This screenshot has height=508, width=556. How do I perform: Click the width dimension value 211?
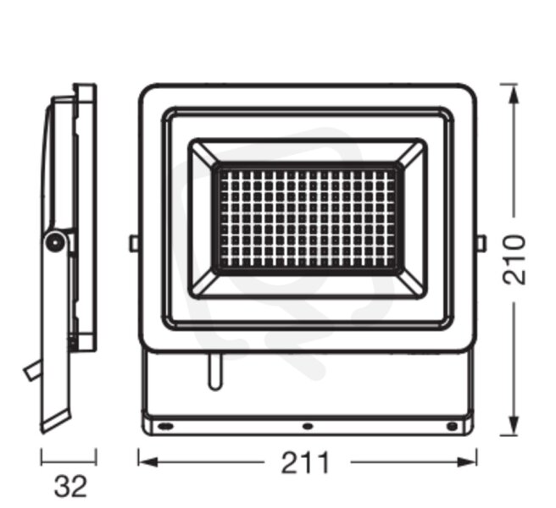305,462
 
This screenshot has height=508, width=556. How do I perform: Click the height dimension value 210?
514,259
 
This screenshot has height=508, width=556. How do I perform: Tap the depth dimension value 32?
70,486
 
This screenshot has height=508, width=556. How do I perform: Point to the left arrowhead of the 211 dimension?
147,462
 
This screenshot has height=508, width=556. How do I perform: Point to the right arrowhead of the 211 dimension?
467,462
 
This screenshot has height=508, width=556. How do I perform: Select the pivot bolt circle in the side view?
55,242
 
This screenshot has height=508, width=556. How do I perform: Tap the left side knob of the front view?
134,244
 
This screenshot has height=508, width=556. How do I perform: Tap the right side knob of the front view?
481,244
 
